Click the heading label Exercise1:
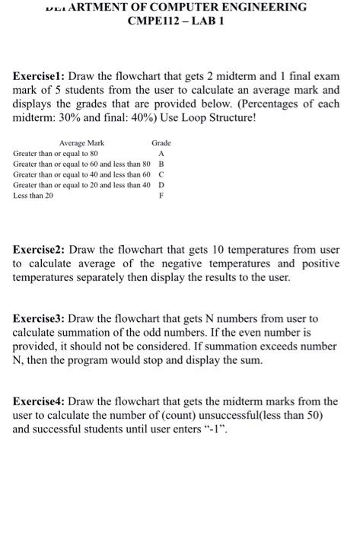40,77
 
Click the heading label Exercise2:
40,250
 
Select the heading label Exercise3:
40,318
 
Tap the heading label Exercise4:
40,401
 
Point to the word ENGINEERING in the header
255,7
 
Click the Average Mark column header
81,143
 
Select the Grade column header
161,143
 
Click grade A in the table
161,153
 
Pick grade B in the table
161,164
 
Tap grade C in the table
161,174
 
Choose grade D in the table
161,185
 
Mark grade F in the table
161,196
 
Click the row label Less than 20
33,196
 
